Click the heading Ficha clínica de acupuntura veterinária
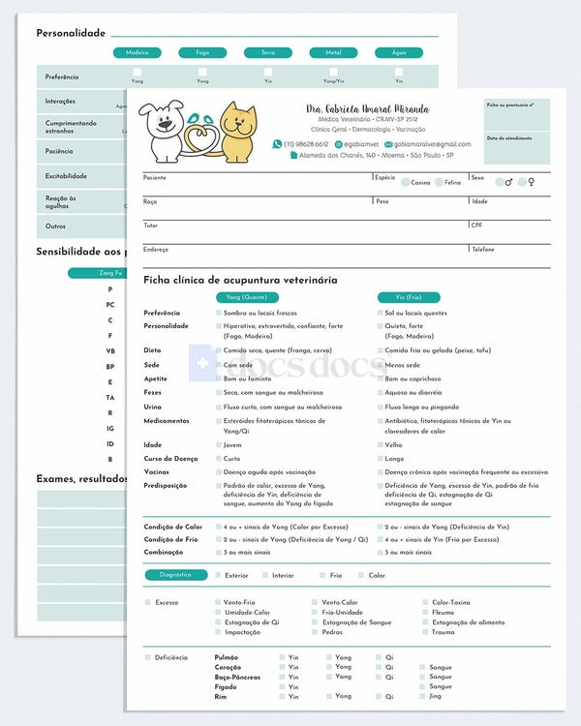240,280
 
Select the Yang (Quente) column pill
247,297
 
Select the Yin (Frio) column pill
408,297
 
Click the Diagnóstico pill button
176,575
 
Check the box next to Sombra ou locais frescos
218,314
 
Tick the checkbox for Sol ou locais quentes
380,314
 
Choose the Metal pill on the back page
333,53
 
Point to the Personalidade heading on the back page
71,33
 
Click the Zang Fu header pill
111,273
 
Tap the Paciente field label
155,178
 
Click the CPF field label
476,225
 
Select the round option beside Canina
405,182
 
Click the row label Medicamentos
167,421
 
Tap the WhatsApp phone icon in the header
277,144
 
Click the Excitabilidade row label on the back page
66,176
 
